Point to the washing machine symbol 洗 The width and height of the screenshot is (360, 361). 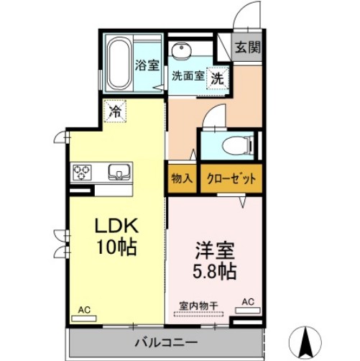coord(216,77)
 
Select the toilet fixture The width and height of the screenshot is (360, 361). coord(235,147)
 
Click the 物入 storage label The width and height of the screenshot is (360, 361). coord(181,178)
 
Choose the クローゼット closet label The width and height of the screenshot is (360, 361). coord(229,178)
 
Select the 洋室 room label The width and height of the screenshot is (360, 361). coord(214,252)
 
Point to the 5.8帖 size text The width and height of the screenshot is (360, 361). coord(214,273)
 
